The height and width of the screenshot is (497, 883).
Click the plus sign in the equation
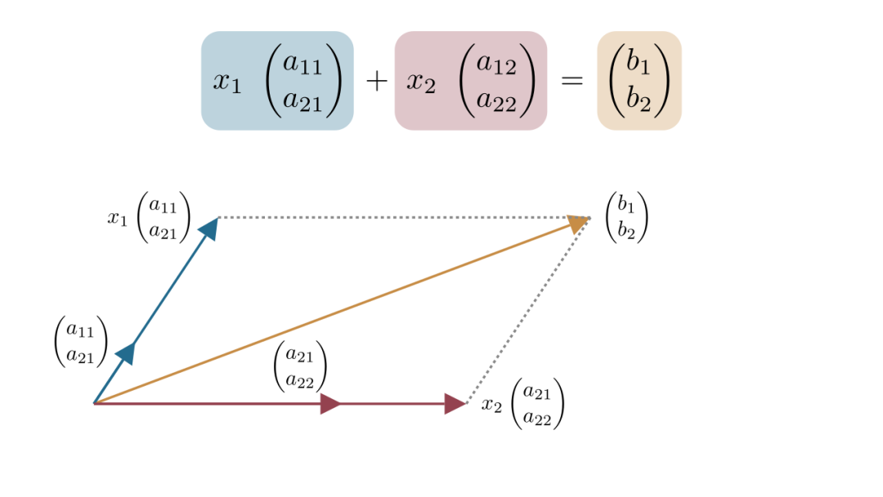376,81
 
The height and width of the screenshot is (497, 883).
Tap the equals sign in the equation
571,81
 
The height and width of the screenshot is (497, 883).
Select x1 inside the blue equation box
227,82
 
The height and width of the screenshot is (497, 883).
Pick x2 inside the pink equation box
421,82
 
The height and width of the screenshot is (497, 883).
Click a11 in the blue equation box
303,64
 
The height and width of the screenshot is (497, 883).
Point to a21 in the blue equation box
303,100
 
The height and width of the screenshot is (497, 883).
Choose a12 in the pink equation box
496,64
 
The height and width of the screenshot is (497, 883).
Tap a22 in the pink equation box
496,100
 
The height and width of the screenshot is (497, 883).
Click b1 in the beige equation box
639,64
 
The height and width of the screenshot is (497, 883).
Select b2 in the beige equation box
639,100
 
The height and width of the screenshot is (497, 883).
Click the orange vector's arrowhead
579,222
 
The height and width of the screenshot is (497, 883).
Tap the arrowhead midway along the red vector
330,403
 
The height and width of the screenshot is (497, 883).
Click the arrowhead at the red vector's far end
455,403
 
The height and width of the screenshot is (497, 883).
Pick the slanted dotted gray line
527,311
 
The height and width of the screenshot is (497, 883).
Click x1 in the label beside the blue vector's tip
118,218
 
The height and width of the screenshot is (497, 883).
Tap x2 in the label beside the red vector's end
491,405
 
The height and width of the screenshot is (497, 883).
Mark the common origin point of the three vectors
95,403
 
